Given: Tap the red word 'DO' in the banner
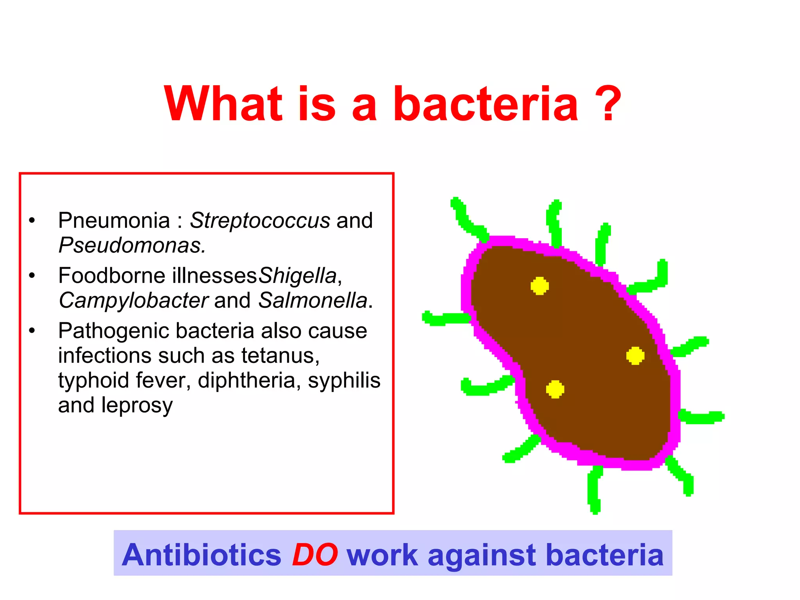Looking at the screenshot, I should coord(315,555).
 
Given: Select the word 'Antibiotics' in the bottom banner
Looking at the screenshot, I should coord(202,555).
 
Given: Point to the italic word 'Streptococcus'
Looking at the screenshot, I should coord(260,221).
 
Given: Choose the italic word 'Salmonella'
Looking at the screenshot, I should coord(313,301).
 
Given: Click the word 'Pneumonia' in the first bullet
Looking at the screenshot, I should coord(114,221).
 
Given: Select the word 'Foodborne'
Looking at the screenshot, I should coord(112,276).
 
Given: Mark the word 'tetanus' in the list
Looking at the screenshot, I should coord(280,356).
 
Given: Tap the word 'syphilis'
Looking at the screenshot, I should coord(344,381).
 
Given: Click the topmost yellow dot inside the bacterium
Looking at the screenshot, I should coord(539,286).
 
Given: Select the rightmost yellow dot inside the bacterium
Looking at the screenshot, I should coord(635,355).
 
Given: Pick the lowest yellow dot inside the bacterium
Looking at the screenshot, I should coord(555,389).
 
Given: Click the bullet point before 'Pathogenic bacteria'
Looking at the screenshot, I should coord(32,331).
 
